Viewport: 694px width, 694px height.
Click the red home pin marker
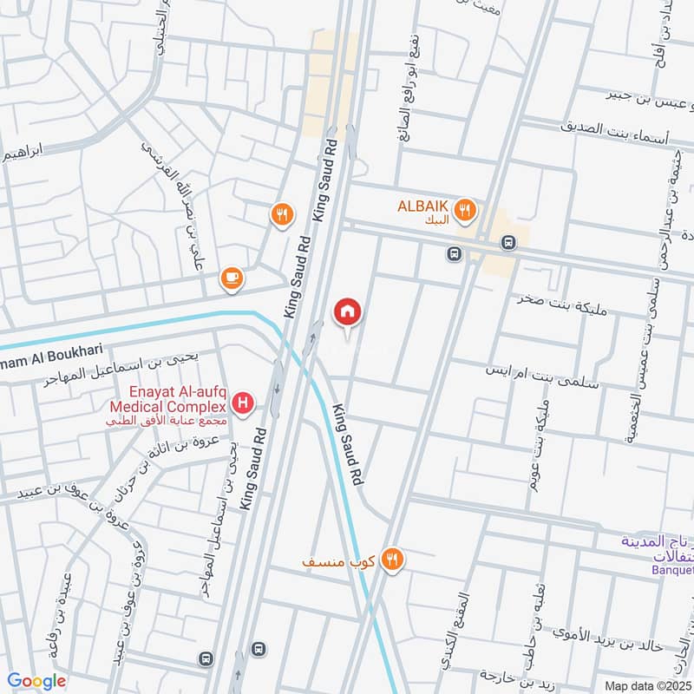tap(348, 312)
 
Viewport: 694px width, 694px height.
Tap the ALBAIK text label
tap(422, 206)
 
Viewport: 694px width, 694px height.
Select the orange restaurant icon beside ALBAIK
tap(466, 209)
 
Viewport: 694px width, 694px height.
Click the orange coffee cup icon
tap(232, 278)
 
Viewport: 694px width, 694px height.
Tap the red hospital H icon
tap(246, 403)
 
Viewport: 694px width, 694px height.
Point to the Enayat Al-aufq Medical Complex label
tap(167, 405)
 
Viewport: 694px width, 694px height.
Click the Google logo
tap(36, 681)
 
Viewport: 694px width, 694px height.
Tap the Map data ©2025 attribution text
tap(646, 685)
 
